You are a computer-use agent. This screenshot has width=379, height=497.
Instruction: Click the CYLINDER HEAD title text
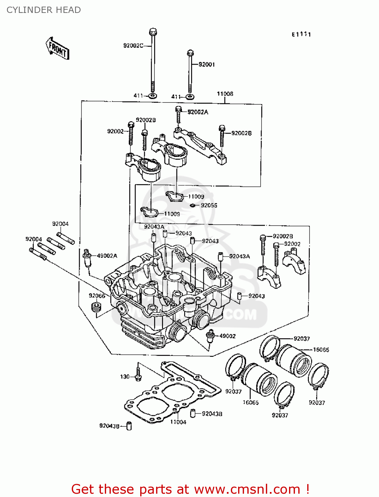click(44, 10)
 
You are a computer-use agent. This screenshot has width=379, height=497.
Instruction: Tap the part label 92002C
click(133, 46)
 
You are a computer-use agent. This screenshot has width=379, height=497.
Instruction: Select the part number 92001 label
click(207, 65)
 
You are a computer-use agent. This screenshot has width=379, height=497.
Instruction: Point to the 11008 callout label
click(225, 94)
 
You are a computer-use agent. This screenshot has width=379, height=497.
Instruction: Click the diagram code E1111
click(301, 34)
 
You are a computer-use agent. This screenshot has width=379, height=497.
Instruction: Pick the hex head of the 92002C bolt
click(153, 32)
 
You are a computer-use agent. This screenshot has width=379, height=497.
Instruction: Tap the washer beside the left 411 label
click(152, 96)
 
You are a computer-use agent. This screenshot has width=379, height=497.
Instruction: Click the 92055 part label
click(209, 205)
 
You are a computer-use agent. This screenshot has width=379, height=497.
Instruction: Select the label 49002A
click(107, 256)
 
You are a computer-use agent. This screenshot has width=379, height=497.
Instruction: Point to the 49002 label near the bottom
click(228, 336)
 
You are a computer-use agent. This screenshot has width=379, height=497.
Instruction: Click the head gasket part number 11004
click(178, 422)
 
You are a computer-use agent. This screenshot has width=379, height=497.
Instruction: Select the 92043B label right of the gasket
click(212, 414)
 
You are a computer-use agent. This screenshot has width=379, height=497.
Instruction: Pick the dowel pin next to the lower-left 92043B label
click(129, 426)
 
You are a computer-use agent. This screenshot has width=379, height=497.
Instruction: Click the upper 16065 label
click(321, 350)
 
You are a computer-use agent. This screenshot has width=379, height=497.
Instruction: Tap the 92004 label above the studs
click(61, 224)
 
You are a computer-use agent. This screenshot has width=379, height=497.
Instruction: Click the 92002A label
click(198, 112)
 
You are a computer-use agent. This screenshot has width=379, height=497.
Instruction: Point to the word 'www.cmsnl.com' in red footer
click(247, 489)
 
